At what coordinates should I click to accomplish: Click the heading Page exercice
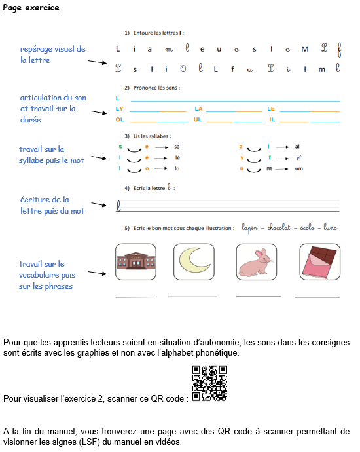(31, 8)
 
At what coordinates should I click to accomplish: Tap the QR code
(209, 383)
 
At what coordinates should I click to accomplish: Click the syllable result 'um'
(298, 168)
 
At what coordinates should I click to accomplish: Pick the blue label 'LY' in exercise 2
(119, 109)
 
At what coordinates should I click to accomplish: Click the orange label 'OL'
(119, 120)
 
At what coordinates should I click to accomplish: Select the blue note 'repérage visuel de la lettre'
(52, 54)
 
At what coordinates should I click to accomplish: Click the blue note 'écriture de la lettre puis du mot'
(52, 204)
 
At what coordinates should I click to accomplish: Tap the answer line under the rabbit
(257, 297)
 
